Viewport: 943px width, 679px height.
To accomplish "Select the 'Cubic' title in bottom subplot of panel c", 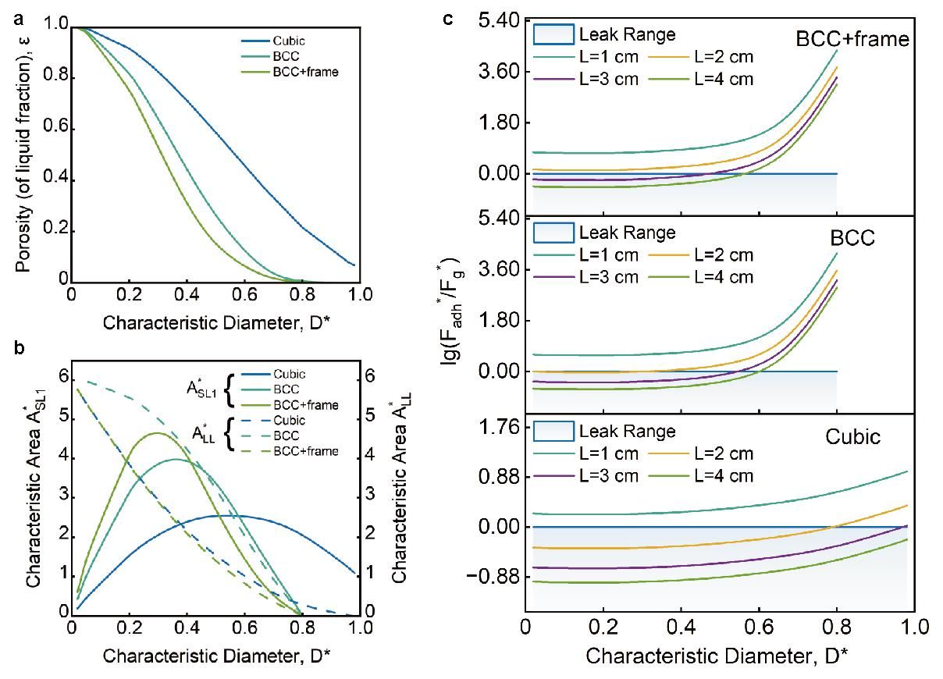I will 852,436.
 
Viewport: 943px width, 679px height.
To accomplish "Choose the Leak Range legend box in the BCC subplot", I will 553,233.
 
